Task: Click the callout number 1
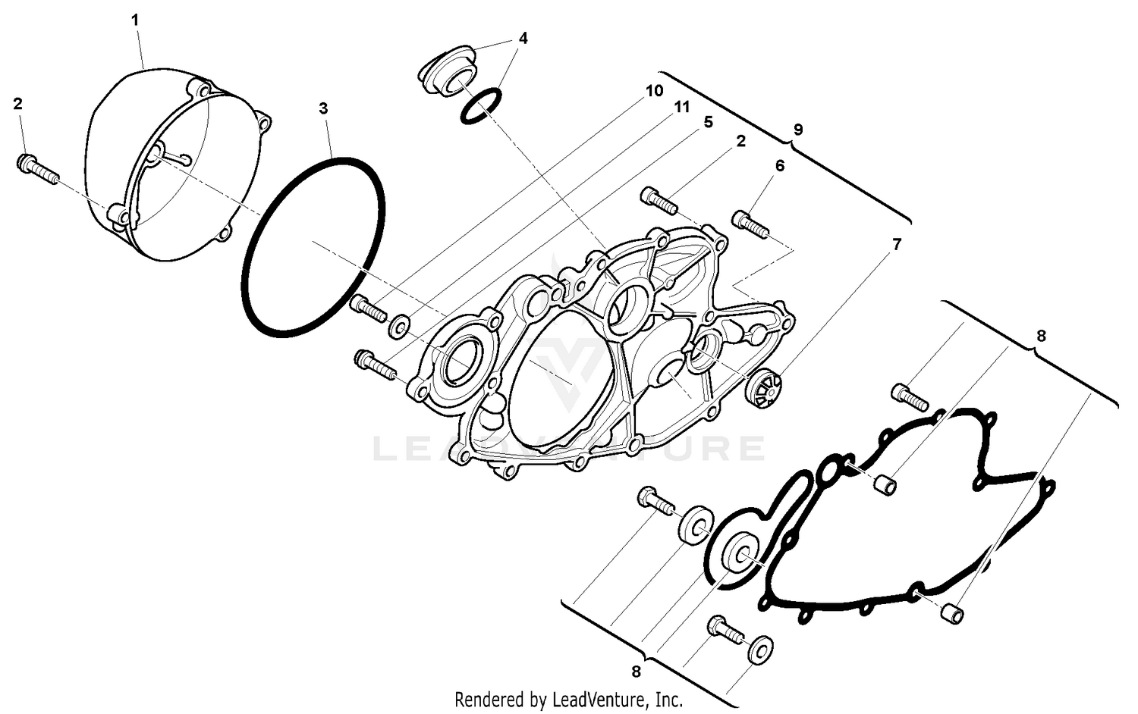tap(136, 20)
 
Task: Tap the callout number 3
tap(324, 108)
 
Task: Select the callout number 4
tap(523, 38)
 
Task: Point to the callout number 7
tap(898, 244)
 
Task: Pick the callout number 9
tap(797, 130)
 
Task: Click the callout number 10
tap(654, 91)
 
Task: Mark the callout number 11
tap(682, 107)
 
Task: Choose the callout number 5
tap(708, 122)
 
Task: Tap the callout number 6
tap(780, 165)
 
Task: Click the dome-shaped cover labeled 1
tap(171, 167)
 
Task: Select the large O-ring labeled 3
tap(313, 244)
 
